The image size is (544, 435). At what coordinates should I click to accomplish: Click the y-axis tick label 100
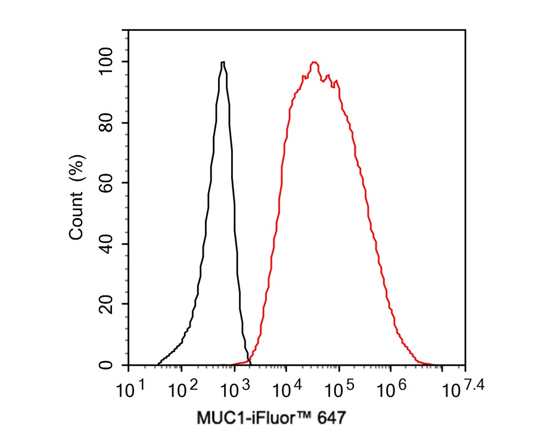pyautogui.click(x=108, y=62)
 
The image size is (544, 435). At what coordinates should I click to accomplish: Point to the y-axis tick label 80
pyautogui.click(x=108, y=123)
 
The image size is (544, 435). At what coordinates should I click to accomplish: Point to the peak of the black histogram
pyautogui.click(x=223, y=62)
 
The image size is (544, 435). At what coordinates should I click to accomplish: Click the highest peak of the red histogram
pyautogui.click(x=314, y=62)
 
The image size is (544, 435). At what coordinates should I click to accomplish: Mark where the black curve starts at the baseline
pyautogui.click(x=157, y=364)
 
